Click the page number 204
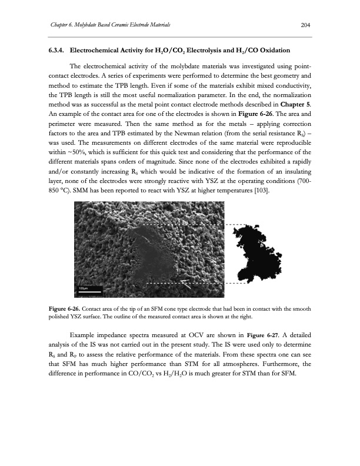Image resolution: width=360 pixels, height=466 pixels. pyautogui.click(x=305, y=24)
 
